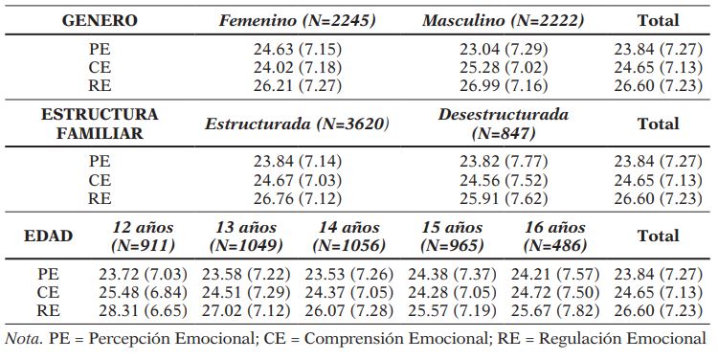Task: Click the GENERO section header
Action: click(x=100, y=19)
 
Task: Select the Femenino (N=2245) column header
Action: click(x=298, y=19)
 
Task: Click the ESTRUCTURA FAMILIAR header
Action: click(x=100, y=124)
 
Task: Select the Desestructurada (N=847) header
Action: click(x=504, y=124)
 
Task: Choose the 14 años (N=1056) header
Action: click(x=350, y=236)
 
